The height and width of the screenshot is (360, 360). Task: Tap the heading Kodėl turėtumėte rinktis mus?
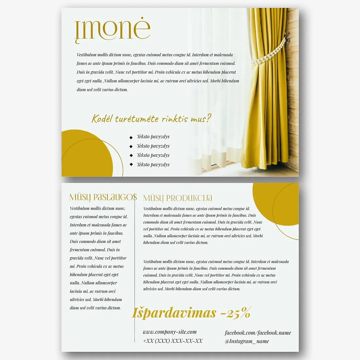pos(152,118)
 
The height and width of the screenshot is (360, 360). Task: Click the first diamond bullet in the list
pos(131,137)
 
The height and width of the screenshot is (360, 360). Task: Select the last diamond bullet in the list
pos(131,165)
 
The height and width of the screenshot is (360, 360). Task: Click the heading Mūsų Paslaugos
pos(103,197)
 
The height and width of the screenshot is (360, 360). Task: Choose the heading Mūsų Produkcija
pos(178,198)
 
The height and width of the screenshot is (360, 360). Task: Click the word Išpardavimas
pos(174,313)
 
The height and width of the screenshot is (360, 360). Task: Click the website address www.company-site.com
pos(170,332)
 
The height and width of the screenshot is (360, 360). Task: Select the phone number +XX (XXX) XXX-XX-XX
pos(173,341)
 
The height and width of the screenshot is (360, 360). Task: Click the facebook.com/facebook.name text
pos(258,333)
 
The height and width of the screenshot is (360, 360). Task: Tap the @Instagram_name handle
pos(247,341)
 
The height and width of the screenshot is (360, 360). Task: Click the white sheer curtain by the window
pos(216,98)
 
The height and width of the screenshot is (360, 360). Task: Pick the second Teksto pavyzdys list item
pos(153,146)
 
